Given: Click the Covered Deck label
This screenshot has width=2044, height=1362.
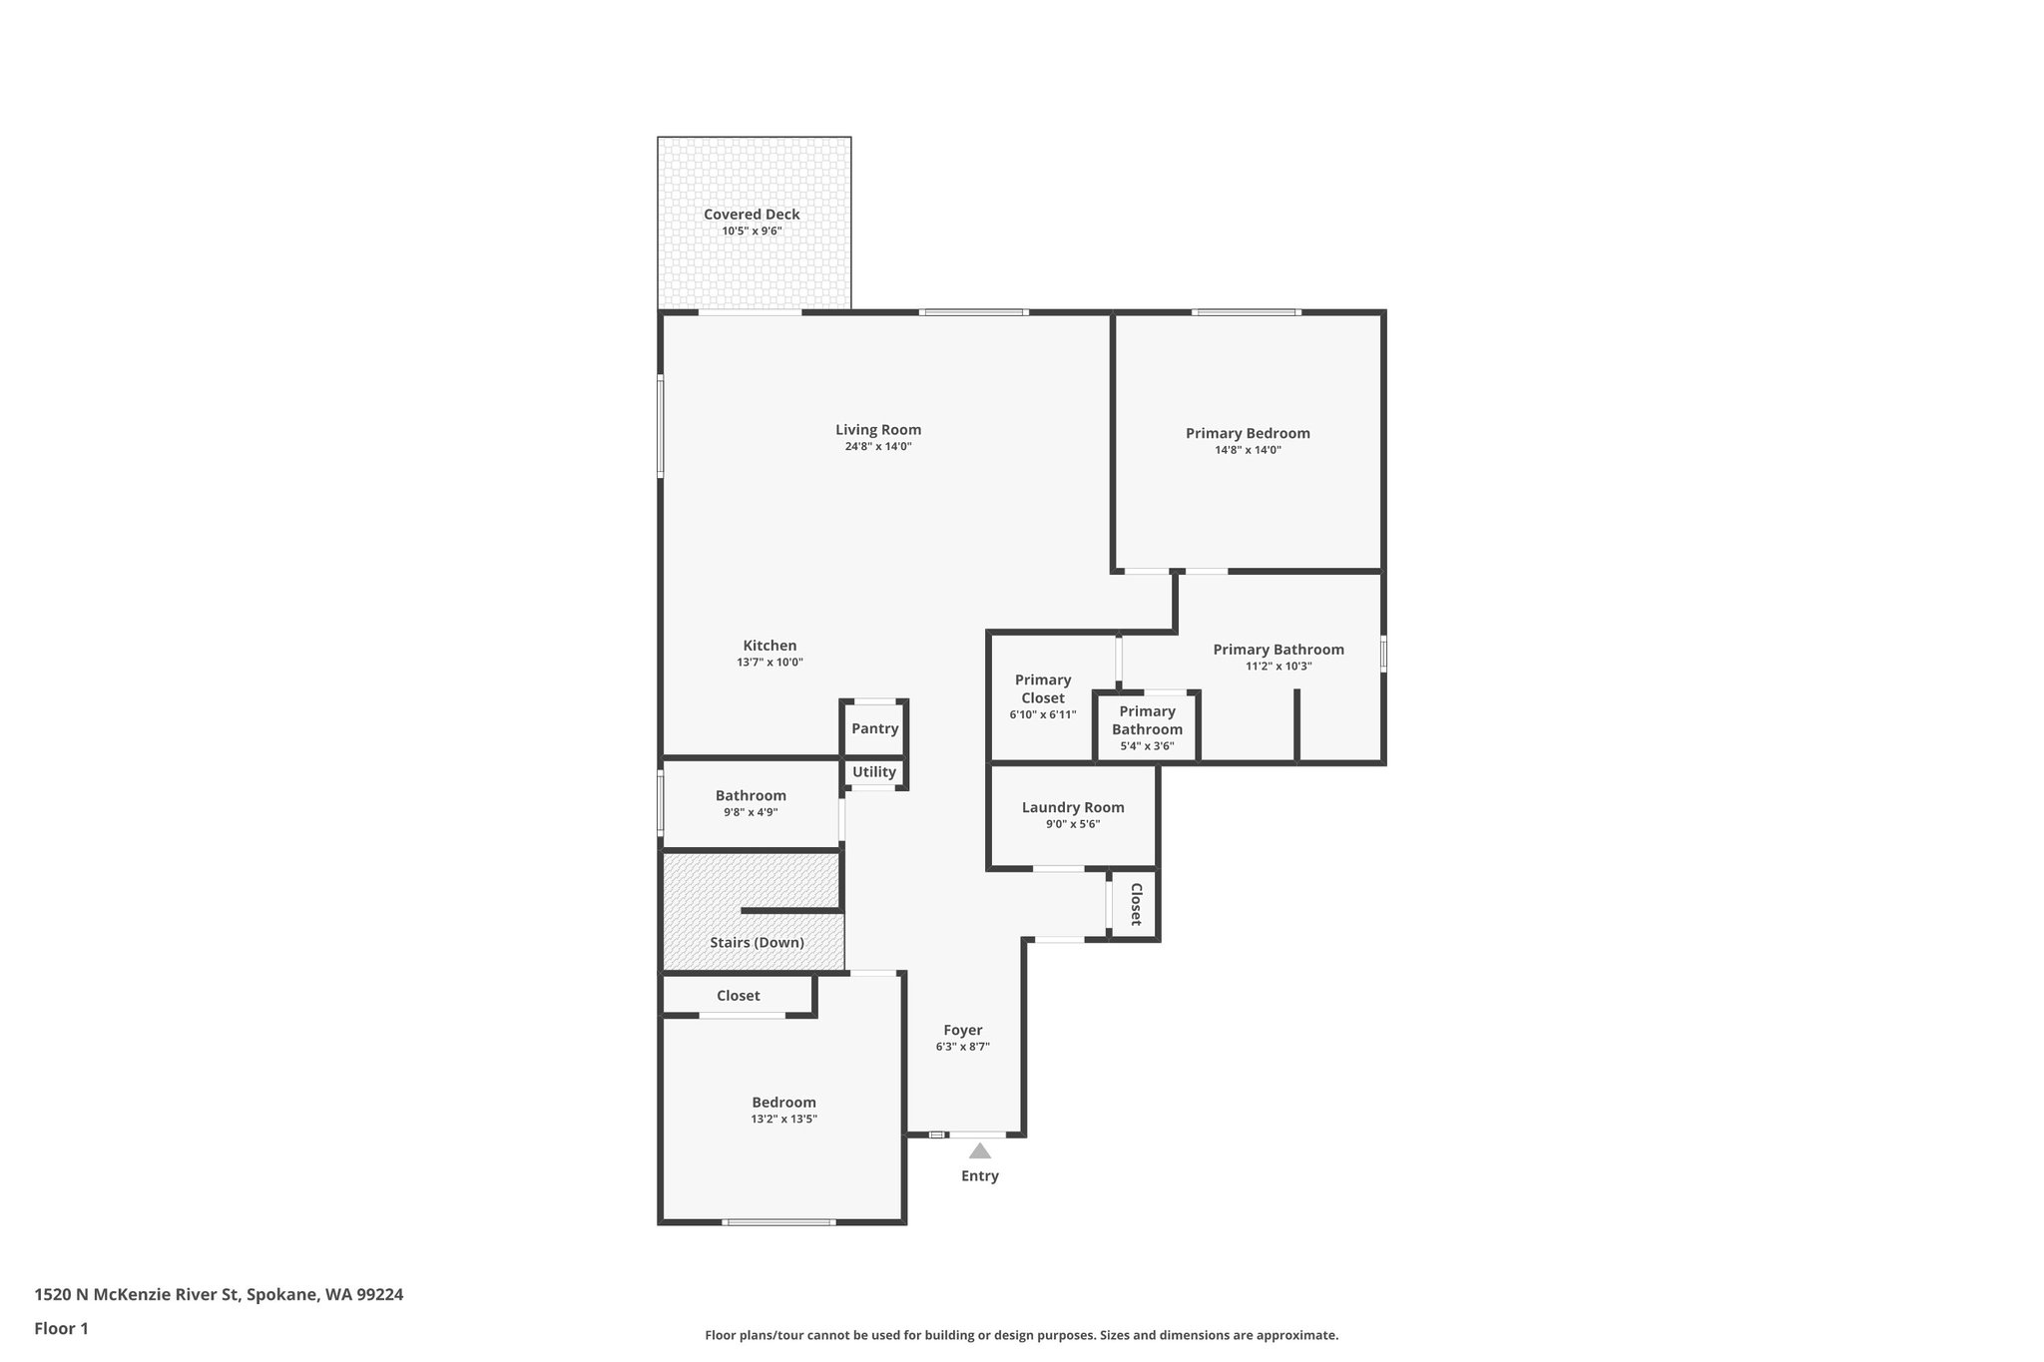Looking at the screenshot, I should [x=752, y=215].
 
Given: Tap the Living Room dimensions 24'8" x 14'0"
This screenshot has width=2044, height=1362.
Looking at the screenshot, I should [x=878, y=447].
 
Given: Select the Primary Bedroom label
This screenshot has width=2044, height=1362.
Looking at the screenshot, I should [x=1248, y=433].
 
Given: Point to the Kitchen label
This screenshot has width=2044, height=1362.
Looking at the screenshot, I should [x=769, y=646].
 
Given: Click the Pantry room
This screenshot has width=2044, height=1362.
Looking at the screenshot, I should [x=874, y=728].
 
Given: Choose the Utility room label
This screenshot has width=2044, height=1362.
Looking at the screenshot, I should [x=874, y=771].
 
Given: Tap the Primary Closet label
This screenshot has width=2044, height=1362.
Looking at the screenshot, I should [x=1043, y=688].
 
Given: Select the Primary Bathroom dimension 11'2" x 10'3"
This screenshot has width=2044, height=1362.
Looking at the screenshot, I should [x=1278, y=667].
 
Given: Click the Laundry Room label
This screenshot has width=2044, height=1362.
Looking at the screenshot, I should [x=1073, y=807].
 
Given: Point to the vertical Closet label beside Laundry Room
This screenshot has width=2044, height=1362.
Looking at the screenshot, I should [x=1135, y=904].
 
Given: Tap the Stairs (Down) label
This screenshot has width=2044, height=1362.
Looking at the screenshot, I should [x=757, y=942].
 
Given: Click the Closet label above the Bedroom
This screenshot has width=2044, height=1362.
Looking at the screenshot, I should [x=738, y=996].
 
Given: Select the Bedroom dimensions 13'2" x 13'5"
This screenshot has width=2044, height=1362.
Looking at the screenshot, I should [x=783, y=1120].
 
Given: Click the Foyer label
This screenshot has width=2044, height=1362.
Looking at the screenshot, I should [x=963, y=1030].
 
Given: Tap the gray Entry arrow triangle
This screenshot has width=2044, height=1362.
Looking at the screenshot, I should [x=980, y=1151].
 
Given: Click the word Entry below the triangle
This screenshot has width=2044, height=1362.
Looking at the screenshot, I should [x=980, y=1175].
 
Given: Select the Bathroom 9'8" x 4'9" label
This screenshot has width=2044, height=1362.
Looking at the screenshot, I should [x=751, y=795].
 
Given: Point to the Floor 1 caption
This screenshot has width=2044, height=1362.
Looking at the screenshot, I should [x=61, y=1328].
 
